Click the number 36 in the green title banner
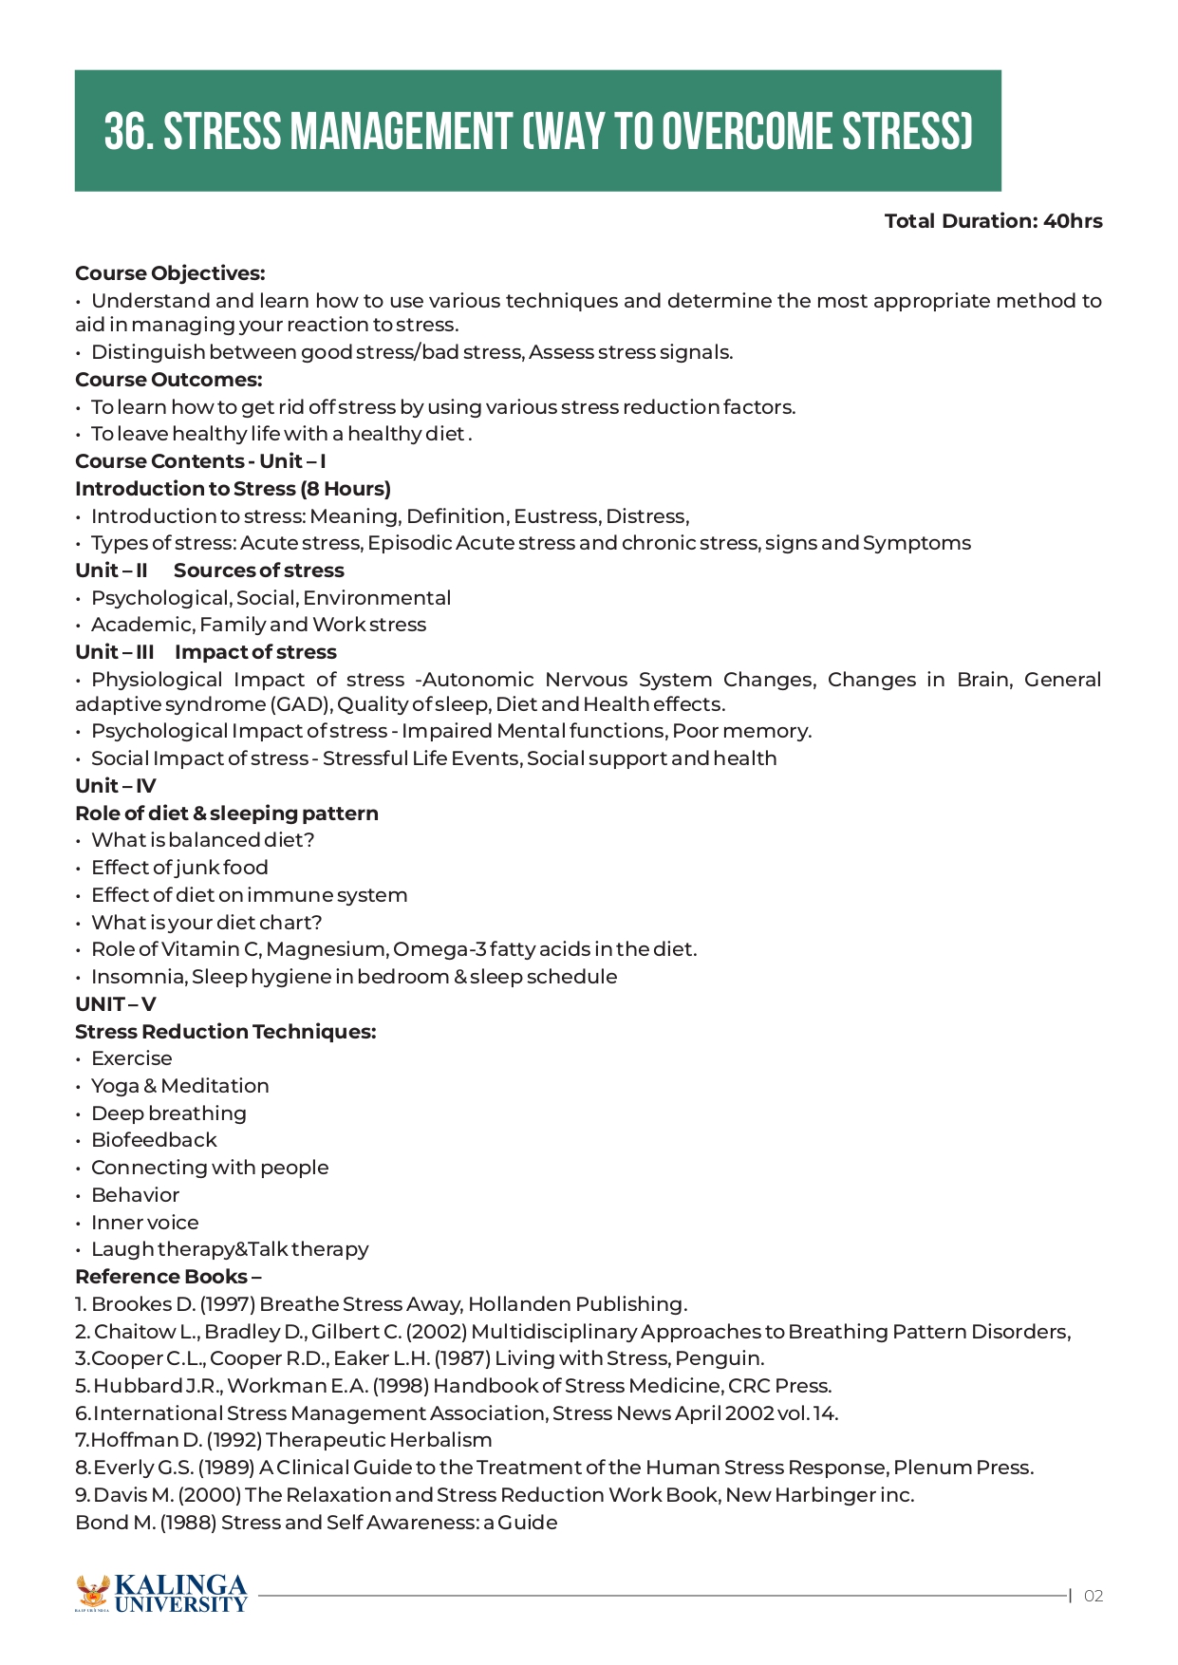127,132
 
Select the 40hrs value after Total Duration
1073,221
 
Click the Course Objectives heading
170,273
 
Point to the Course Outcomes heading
168,380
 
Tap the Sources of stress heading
258,571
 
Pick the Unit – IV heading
115,786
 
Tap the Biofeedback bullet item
154,1140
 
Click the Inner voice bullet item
144,1223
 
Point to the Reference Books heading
168,1277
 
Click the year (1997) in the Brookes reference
226,1304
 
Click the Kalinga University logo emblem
92,1593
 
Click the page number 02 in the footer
1094,1596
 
